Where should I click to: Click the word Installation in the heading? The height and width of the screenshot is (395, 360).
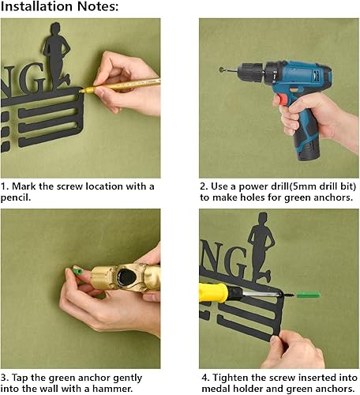37,6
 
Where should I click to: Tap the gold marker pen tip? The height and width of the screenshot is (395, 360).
81,91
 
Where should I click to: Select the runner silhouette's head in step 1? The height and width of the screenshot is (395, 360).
56,28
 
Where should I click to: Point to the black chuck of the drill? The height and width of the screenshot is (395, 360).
250,71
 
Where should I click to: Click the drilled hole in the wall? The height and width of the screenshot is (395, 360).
221,70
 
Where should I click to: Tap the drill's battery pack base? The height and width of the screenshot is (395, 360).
309,152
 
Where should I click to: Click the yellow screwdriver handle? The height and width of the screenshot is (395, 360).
213,292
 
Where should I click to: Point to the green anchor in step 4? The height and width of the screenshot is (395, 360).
309,295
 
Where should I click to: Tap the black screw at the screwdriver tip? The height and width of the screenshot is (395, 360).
289,295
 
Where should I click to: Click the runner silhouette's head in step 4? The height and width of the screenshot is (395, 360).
263,218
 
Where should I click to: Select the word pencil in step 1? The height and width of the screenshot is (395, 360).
14,197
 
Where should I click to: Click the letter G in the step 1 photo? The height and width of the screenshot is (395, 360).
32,78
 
